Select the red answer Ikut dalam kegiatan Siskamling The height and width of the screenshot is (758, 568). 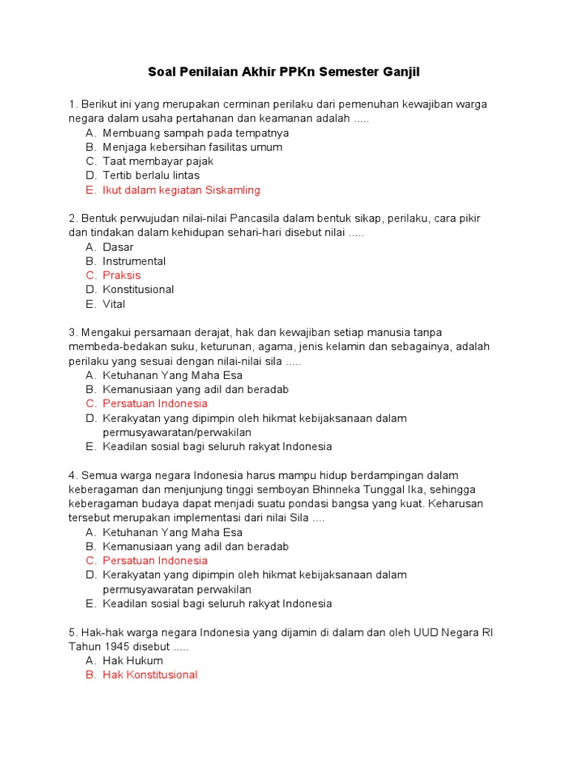click(x=181, y=190)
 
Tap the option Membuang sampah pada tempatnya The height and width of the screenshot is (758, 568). click(x=195, y=133)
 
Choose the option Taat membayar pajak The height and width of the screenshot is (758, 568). click(x=158, y=161)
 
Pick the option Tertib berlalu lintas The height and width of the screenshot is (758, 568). click(x=152, y=175)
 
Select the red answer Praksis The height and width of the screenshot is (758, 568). click(x=121, y=275)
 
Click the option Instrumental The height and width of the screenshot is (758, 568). click(x=134, y=261)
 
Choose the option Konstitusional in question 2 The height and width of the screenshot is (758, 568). click(x=138, y=289)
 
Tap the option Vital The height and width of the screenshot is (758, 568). click(x=114, y=304)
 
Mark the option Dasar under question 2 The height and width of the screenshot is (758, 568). click(x=118, y=247)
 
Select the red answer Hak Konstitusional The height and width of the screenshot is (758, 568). click(x=150, y=675)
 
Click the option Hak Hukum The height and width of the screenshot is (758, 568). click(x=132, y=660)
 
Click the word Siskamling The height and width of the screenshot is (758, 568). click(x=231, y=190)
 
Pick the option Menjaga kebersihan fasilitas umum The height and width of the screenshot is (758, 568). click(x=192, y=147)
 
